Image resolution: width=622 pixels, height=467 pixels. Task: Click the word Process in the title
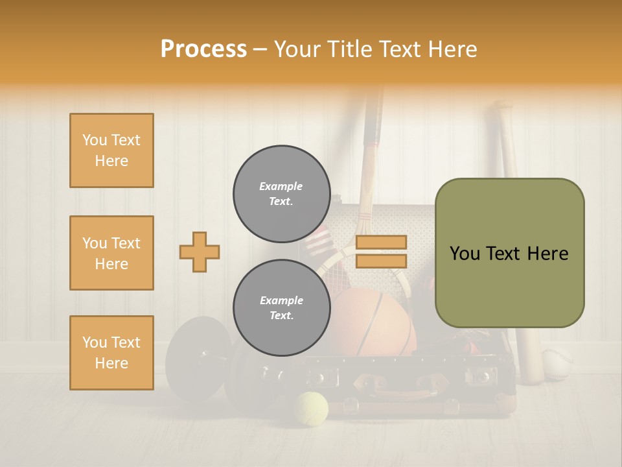pyautogui.click(x=203, y=49)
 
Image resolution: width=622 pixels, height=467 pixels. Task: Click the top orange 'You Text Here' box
pyautogui.click(x=111, y=150)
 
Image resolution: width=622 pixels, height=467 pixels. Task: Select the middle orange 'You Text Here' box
pyautogui.click(x=111, y=253)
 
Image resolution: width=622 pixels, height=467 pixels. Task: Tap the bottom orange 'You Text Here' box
pyautogui.click(x=111, y=353)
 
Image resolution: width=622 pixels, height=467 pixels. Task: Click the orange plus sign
pyautogui.click(x=200, y=252)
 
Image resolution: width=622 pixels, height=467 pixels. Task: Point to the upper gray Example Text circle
pyautogui.click(x=281, y=194)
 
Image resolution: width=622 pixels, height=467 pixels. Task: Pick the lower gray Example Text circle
pyautogui.click(x=281, y=308)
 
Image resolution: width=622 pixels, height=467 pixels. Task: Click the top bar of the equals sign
pyautogui.click(x=381, y=243)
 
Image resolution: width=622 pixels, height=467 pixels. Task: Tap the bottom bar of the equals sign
pyautogui.click(x=381, y=261)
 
